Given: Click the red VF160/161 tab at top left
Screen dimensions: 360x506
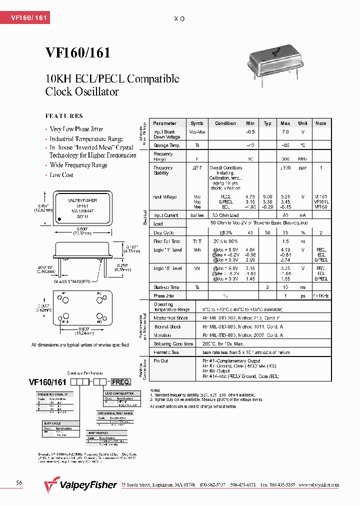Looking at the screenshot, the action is [x=28, y=17].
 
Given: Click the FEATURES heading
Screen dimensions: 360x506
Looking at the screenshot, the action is [x=64, y=116].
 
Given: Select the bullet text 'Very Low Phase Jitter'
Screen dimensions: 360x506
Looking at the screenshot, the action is [x=76, y=129].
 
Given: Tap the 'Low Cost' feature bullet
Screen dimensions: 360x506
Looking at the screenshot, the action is [x=61, y=175].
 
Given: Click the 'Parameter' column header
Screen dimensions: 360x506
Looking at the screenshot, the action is [x=164, y=123].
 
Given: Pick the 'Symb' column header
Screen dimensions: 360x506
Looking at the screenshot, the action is [x=197, y=123].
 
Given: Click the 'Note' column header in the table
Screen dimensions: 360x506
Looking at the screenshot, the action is [x=320, y=123].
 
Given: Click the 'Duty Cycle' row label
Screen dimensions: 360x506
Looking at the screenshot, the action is [x=163, y=232].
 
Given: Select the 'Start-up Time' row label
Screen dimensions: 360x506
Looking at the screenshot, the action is [x=166, y=287].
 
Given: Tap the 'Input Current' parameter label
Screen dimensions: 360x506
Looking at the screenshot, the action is [x=165, y=215].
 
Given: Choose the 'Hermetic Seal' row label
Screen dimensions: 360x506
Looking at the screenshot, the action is [x=165, y=352].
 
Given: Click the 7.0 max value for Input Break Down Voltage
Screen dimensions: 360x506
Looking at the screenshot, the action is [x=285, y=132].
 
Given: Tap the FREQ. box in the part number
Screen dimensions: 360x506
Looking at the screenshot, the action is [x=120, y=381].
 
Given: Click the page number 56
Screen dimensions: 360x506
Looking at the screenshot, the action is [x=19, y=482].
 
